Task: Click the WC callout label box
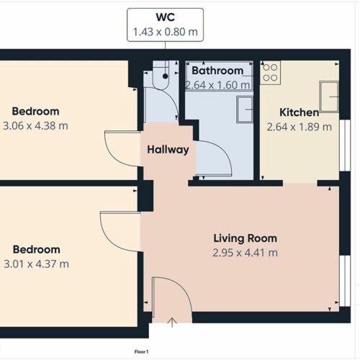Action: (165, 24)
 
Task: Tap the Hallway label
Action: (168, 150)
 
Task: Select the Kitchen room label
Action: (300, 112)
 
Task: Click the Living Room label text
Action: (246, 238)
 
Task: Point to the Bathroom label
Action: (217, 71)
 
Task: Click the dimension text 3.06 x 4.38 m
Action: (35, 126)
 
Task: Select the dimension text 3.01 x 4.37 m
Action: (36, 264)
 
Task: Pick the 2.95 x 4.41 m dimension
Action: (246, 253)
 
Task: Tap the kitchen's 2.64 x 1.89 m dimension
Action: (300, 127)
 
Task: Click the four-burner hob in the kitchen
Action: (270, 73)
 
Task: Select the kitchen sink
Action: (329, 96)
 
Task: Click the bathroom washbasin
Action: (245, 109)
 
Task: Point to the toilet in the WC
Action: (161, 75)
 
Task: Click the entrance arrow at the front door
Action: (172, 323)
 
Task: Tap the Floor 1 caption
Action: (141, 352)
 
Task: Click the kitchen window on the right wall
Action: (345, 145)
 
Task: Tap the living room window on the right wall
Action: (345, 281)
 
